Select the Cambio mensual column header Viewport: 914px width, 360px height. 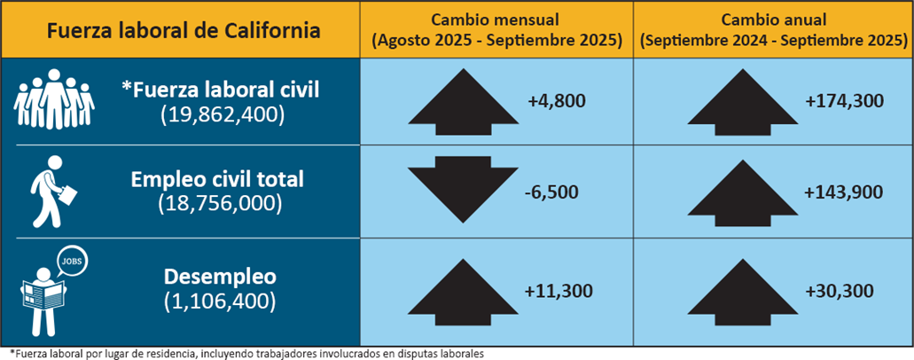[x=496, y=30]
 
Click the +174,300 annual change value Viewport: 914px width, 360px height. [x=845, y=101]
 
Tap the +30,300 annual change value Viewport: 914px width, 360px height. [x=840, y=290]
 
